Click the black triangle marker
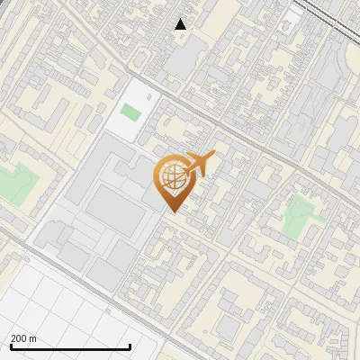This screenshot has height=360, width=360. point(181,24)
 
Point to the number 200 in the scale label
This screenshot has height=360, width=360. point(19,338)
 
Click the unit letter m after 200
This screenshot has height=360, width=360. point(33,338)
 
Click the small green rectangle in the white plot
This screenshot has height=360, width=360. point(131,112)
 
